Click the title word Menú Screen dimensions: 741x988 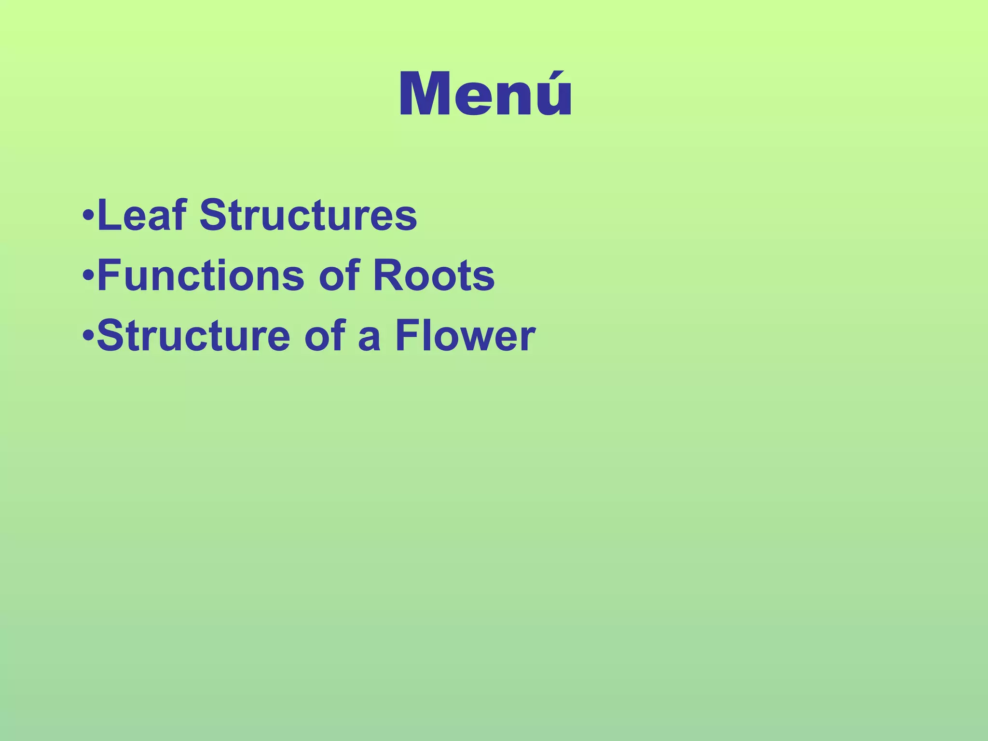click(x=485, y=94)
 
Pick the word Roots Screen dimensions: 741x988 click(x=434, y=275)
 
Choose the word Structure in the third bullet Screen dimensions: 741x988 click(x=193, y=335)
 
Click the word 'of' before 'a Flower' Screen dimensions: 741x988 click(x=325, y=335)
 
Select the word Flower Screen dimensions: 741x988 click(x=465, y=335)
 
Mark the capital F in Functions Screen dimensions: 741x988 click(x=108, y=275)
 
